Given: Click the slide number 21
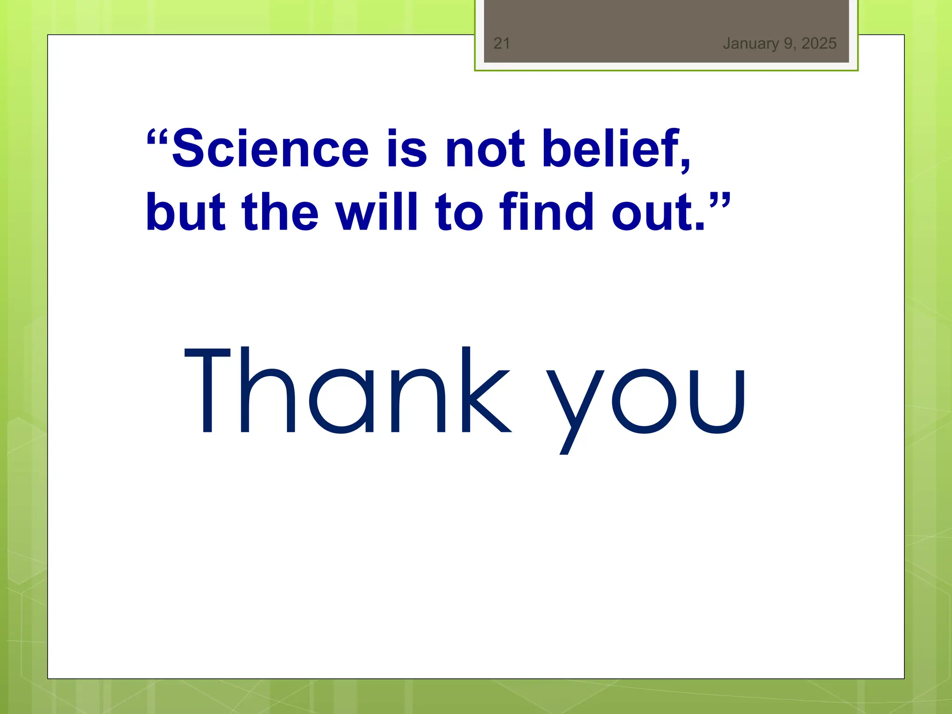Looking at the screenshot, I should coord(502,43).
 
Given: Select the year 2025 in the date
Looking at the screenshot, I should coord(819,43).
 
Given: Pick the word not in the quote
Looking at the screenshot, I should coord(485,149).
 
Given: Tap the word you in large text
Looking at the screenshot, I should coord(646,400).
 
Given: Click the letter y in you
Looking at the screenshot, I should coord(575,409).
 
